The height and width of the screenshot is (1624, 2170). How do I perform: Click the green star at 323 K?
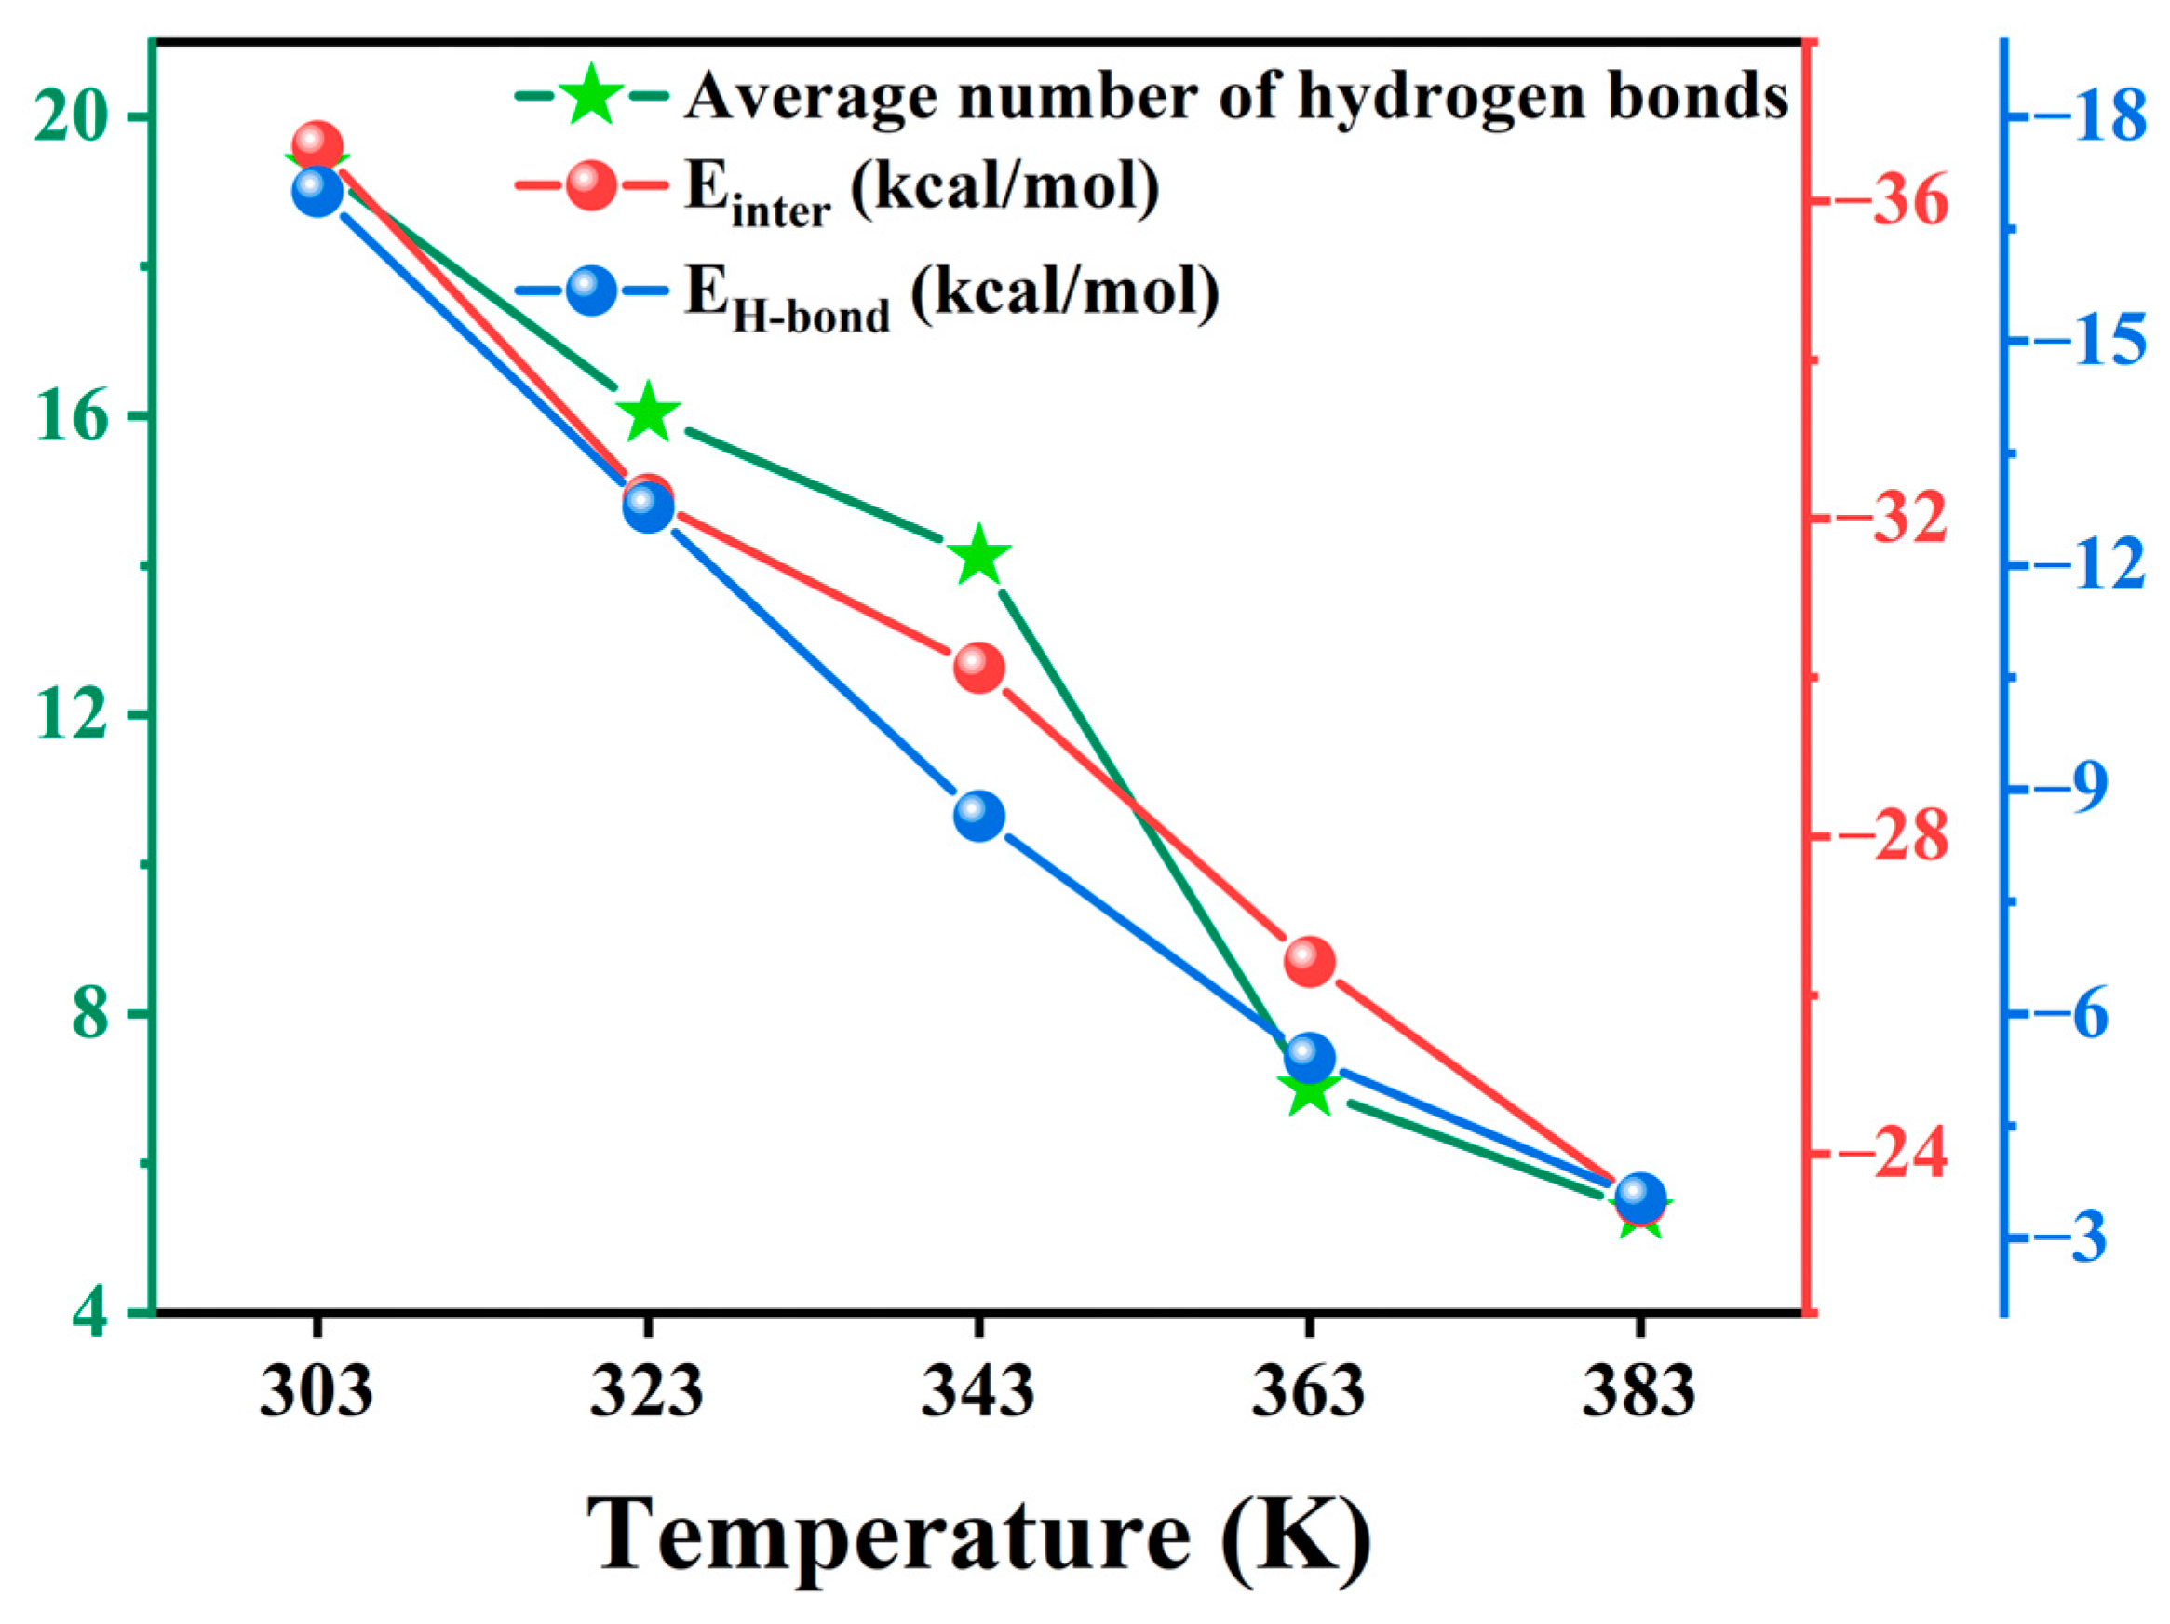[x=648, y=415]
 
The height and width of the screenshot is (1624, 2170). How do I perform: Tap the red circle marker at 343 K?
[x=978, y=669]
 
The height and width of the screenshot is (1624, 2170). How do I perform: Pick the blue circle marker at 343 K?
[x=978, y=816]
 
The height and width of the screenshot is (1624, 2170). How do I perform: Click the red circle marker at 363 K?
[x=1309, y=962]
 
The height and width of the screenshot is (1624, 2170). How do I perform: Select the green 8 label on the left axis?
[x=91, y=1015]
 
